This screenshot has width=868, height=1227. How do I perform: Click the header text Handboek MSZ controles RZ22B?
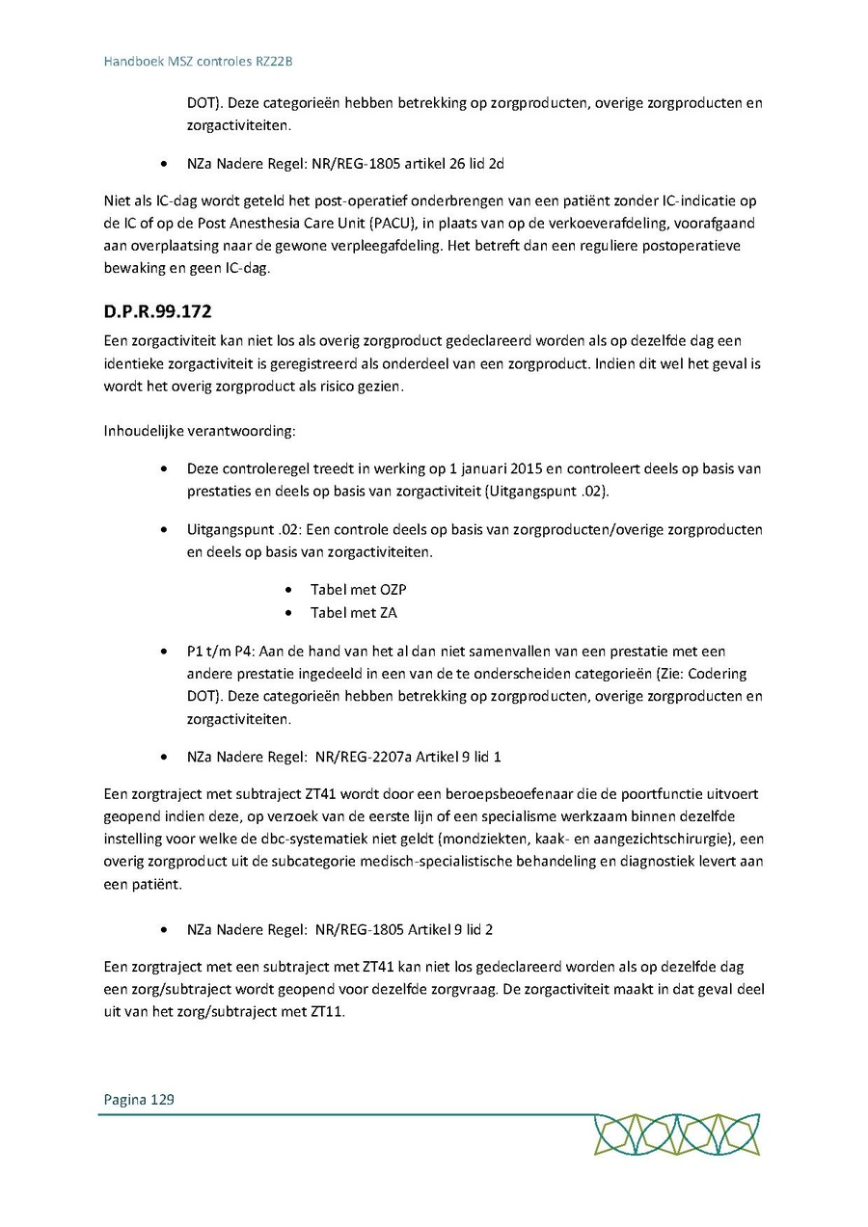198,62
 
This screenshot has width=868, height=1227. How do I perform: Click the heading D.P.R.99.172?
158,313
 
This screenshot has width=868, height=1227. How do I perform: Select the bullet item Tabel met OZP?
351,589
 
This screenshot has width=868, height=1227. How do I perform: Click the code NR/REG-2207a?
362,757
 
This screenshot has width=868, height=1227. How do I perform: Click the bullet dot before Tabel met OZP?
290,589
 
